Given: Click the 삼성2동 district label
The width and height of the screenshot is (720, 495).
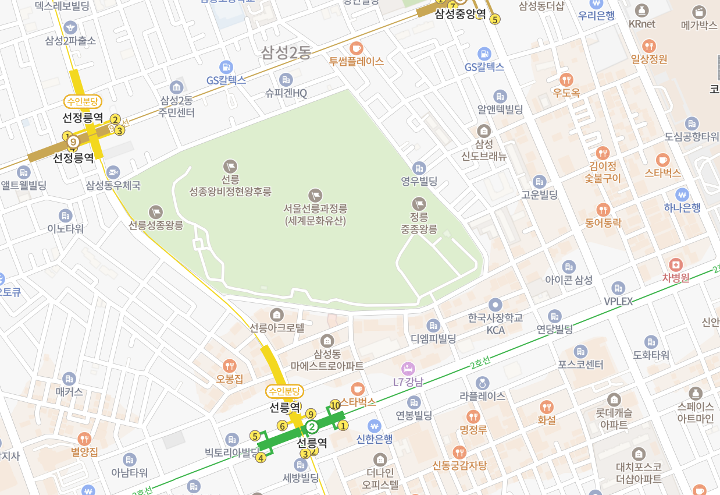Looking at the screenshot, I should [x=286, y=52].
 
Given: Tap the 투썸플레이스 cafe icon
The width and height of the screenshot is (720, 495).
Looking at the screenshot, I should [x=357, y=48].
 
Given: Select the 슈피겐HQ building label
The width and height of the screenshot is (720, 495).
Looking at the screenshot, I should [x=286, y=93].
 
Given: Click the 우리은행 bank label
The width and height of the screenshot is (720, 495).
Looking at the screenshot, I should [x=596, y=16].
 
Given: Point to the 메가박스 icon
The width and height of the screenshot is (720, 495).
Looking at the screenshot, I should [x=698, y=12].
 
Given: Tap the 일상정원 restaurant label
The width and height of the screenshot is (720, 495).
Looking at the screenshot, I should [x=649, y=59].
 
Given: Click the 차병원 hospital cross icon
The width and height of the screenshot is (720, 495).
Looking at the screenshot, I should [x=675, y=264].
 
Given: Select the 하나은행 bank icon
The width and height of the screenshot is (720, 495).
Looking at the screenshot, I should [x=682, y=194].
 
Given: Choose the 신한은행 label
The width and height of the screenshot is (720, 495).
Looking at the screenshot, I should [x=375, y=439].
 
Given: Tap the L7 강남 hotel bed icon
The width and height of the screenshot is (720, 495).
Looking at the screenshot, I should [x=408, y=369].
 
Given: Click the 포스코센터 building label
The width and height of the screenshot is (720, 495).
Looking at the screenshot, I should [x=580, y=365].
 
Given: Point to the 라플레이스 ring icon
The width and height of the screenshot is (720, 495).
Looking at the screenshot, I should [x=482, y=383].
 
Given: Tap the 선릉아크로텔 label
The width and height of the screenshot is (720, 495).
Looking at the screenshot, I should [x=277, y=328].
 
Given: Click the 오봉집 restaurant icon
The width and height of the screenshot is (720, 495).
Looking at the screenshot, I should [x=230, y=366].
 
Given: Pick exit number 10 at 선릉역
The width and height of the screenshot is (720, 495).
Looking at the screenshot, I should [x=335, y=405].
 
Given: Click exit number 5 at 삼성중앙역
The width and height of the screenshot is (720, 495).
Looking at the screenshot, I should [x=495, y=19].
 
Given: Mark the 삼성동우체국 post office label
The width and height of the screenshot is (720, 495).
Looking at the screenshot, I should [x=113, y=186].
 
